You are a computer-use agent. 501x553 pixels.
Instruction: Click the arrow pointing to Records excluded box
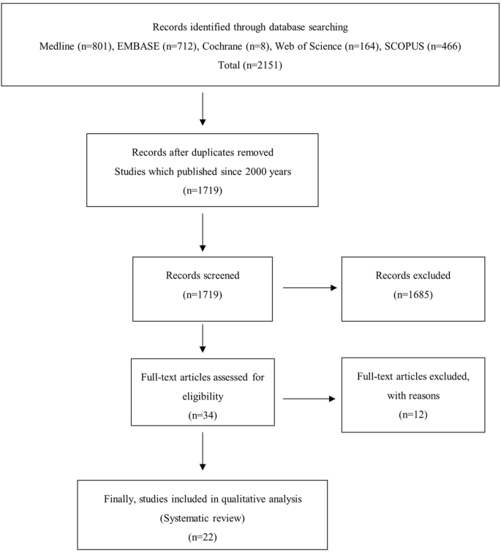click(309, 287)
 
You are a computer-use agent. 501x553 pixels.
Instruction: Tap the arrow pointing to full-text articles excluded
click(309, 399)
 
